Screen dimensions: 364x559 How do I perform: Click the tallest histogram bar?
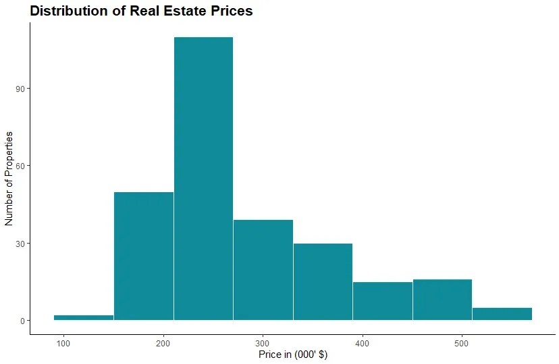pos(203,179)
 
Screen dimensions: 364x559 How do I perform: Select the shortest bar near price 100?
pos(84,317)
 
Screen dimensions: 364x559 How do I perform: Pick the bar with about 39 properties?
pos(263,270)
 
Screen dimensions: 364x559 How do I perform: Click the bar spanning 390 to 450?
pos(383,301)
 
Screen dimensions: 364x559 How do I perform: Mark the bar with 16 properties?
pos(442,300)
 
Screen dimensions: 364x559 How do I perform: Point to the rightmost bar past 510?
pos(502,314)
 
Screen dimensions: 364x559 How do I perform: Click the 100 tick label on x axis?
pos(64,342)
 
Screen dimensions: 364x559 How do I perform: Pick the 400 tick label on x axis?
pos(363,342)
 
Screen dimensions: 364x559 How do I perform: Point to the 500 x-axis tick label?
pos(462,342)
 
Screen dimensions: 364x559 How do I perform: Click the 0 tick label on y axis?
pos(21,321)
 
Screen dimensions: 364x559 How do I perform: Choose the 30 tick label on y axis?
pos(19,244)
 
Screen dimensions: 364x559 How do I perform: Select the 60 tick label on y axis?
pos(19,166)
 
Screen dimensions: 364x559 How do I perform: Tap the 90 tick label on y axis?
pos(19,89)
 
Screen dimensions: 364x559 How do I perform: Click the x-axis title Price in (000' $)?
pos(293,355)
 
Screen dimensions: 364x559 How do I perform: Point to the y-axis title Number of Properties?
pos(9,179)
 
